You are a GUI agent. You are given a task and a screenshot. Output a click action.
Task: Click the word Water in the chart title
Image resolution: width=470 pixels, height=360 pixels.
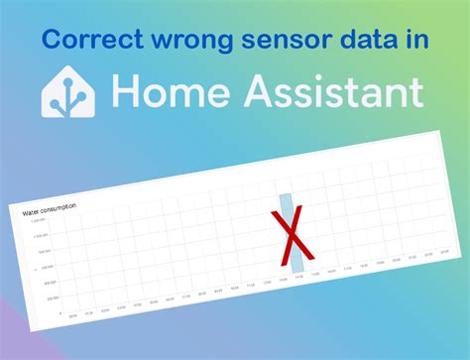pos(32,211)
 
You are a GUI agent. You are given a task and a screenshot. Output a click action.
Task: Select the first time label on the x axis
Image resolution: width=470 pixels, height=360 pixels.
pos(72,317)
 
